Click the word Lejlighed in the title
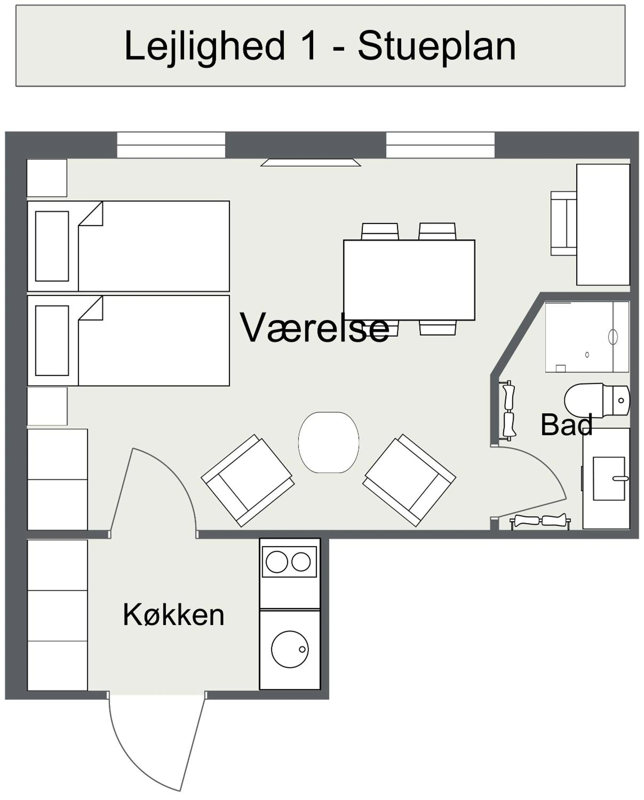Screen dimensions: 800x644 204,46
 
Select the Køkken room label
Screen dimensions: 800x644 173,615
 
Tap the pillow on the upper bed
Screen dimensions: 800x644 52,246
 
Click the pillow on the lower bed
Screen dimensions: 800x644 52,340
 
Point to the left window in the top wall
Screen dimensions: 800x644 171,145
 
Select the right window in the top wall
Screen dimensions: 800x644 440,145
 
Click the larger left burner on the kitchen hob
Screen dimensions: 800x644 277,562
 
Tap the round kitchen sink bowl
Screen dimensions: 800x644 290,649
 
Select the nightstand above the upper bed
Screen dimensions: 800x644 47,178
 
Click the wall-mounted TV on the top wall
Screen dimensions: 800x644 311,162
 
